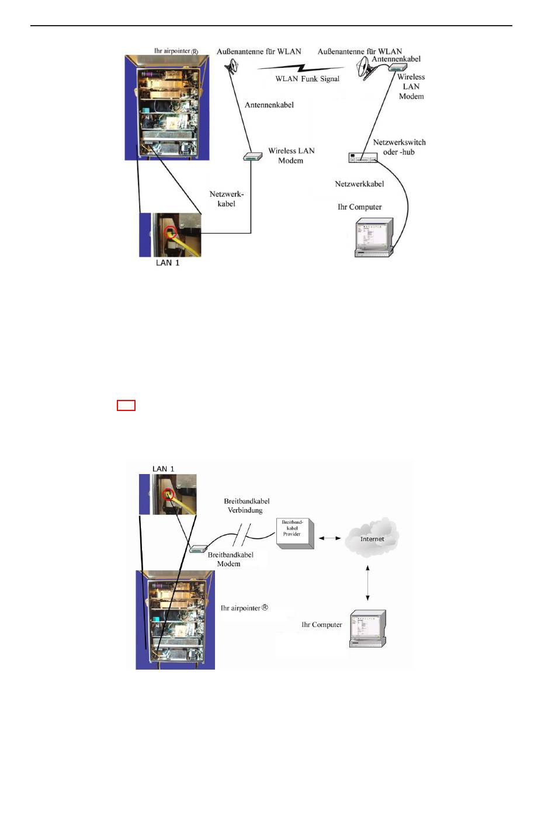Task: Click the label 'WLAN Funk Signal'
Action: [307, 79]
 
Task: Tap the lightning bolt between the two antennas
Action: [301, 68]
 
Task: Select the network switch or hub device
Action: [363, 158]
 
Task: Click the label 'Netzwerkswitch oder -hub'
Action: [399, 147]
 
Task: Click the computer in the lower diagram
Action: [367, 628]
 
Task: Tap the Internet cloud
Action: [372, 537]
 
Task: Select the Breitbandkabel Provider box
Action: [295, 533]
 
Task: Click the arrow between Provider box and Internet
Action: [329, 538]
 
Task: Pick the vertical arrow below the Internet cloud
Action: [367, 583]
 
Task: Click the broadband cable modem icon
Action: [197, 549]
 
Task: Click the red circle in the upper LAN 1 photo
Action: [171, 232]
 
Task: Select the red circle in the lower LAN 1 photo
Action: [168, 494]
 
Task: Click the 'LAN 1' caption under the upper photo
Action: [167, 263]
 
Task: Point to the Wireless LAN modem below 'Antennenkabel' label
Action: [252, 156]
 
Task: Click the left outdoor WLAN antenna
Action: [232, 66]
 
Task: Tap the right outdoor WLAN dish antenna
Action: [366, 68]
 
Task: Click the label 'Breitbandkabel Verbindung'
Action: [247, 506]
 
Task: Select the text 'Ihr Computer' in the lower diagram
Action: [322, 625]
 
